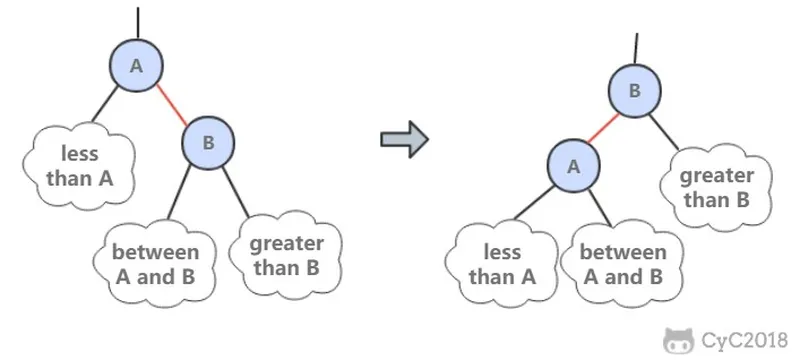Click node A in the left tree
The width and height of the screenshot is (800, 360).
136,65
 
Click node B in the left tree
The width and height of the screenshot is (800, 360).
208,143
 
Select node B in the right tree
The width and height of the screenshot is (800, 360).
635,91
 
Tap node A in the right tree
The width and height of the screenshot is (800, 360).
573,166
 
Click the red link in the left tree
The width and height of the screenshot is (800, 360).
172,105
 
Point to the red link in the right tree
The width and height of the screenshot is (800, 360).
604,128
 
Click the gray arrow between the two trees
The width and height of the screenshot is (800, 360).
405,139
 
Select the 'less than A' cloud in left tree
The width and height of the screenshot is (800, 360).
79,166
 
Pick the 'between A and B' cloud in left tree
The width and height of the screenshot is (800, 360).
155,264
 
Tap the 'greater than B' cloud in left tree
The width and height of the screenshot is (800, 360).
286,255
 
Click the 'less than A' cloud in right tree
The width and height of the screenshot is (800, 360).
502,264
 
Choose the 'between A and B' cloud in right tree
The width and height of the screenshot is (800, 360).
622,264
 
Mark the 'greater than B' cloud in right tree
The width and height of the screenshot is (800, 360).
716,188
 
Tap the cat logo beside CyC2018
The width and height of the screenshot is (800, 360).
679,341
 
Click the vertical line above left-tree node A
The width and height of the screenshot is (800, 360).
138,23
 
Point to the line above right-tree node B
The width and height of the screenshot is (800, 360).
636,48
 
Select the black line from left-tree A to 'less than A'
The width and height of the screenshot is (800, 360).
105,104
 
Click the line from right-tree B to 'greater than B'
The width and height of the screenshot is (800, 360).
664,132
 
